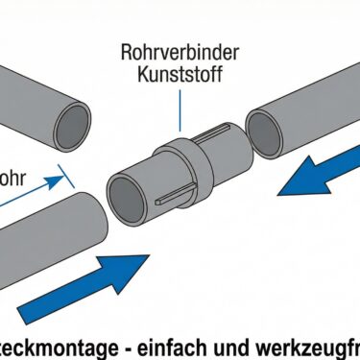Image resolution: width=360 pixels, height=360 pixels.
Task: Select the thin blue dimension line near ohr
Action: pyautogui.click(x=34, y=192)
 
